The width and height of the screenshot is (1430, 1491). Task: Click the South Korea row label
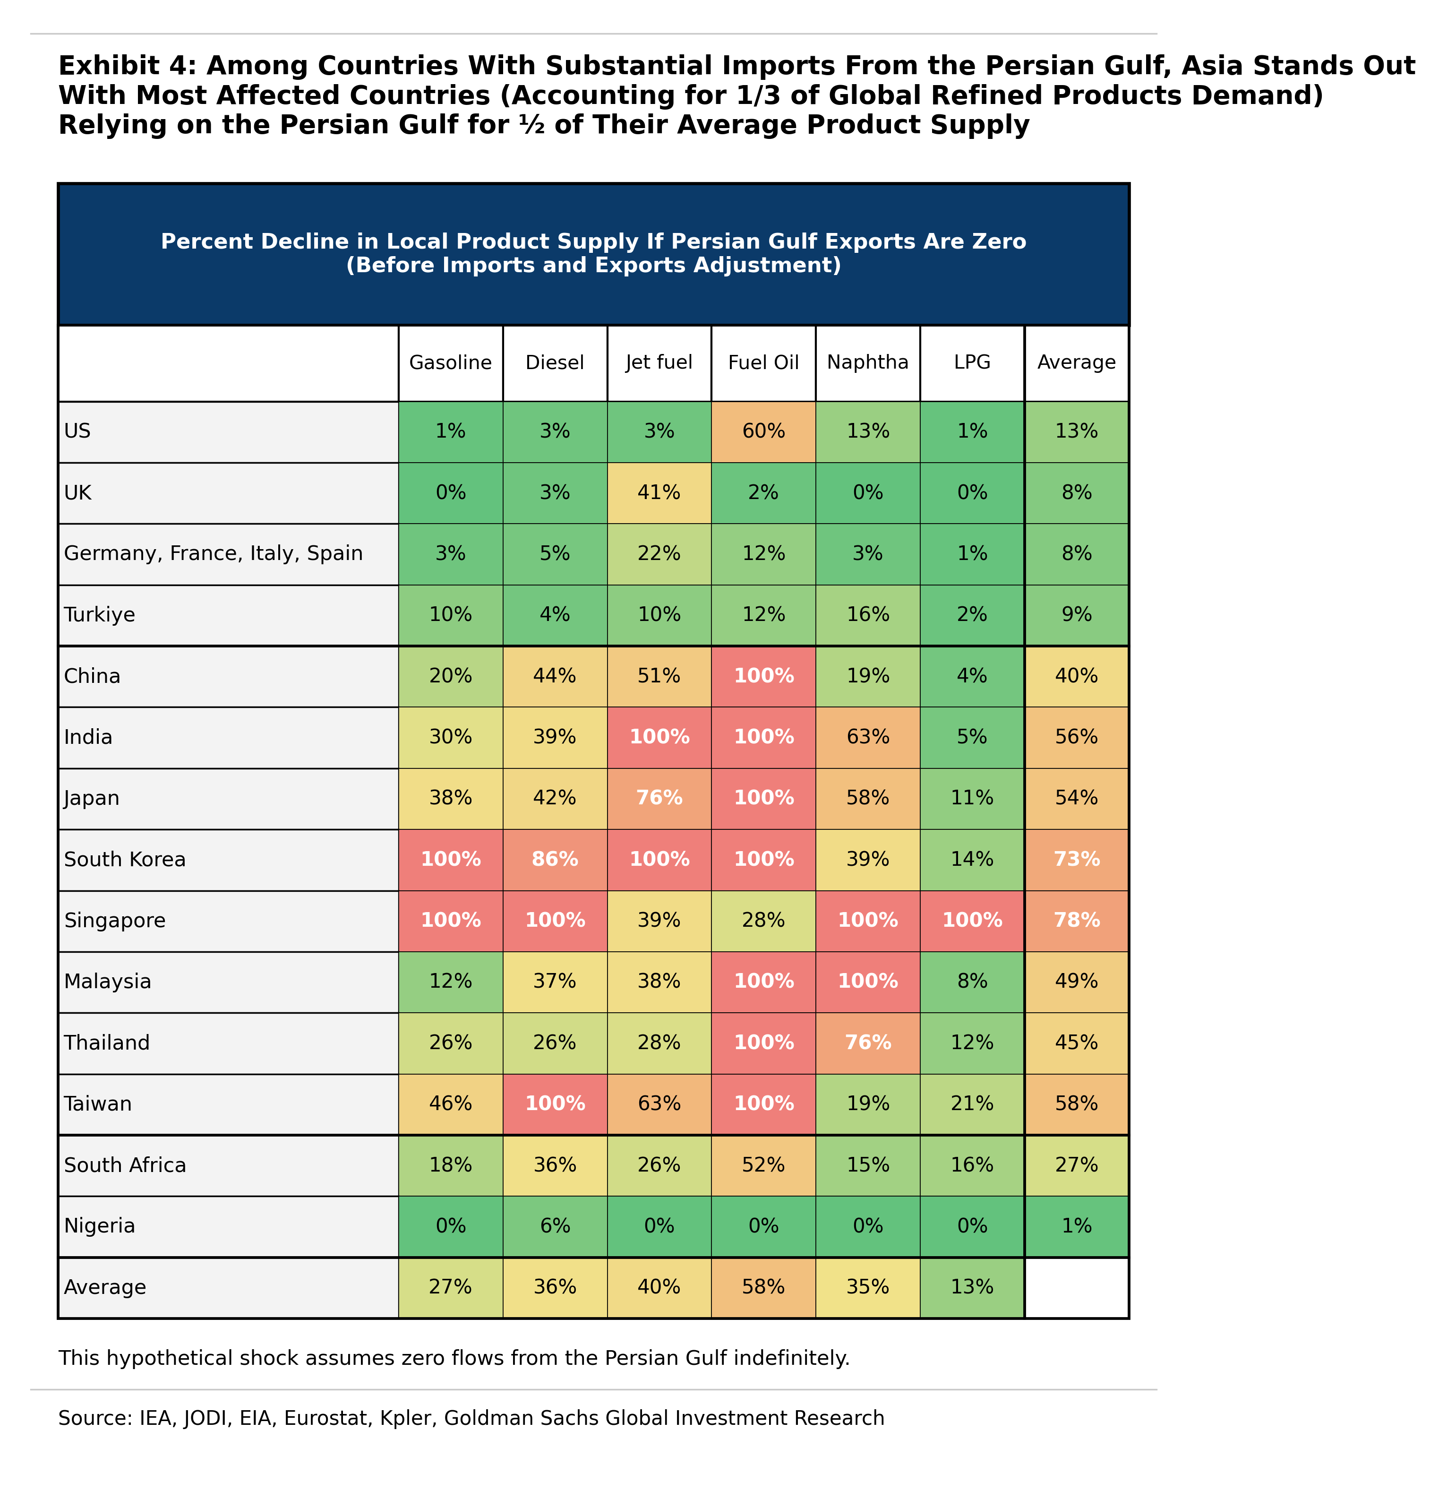pyautogui.click(x=125, y=860)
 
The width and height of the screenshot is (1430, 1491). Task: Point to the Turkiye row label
pyautogui.click(x=100, y=615)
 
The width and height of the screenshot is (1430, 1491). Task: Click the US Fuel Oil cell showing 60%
pyautogui.click(x=763, y=431)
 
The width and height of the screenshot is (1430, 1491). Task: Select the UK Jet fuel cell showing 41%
pyautogui.click(x=659, y=493)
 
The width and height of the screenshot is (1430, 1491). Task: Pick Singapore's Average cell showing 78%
pyautogui.click(x=1076, y=921)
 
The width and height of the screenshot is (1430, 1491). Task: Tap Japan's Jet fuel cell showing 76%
pyautogui.click(x=659, y=798)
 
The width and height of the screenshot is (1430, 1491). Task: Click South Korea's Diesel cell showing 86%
pyautogui.click(x=555, y=860)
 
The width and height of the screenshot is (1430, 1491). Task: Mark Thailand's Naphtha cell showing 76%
pyautogui.click(x=867, y=1043)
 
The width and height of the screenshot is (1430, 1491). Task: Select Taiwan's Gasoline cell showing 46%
pyautogui.click(x=450, y=1104)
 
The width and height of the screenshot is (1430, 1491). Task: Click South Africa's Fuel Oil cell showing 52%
pyautogui.click(x=763, y=1165)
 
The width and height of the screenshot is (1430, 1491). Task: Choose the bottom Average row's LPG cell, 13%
pyautogui.click(x=971, y=1287)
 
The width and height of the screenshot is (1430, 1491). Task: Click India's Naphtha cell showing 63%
pyautogui.click(x=867, y=737)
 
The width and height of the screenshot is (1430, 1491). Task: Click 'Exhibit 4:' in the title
pyautogui.click(x=127, y=66)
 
